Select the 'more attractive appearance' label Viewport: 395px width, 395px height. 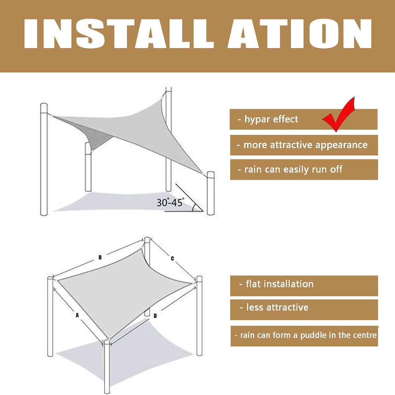(x=302, y=145)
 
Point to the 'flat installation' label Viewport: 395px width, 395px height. (x=276, y=284)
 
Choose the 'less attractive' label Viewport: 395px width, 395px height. (x=274, y=307)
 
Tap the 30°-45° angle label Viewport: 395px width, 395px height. (x=169, y=202)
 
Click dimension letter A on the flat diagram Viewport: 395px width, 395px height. (x=77, y=315)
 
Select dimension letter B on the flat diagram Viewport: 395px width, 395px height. (x=100, y=257)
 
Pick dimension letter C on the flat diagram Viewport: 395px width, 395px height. (x=172, y=258)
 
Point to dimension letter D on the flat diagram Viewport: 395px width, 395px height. (x=155, y=316)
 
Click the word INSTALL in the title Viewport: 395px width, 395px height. (x=119, y=34)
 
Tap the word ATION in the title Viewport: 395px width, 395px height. (x=299, y=34)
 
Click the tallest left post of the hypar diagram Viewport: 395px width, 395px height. (x=44, y=159)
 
